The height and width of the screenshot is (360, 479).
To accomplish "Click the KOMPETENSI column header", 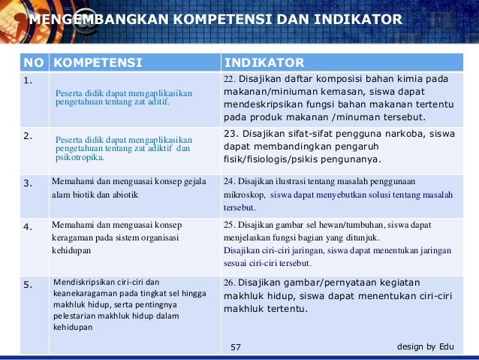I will click(x=98, y=62).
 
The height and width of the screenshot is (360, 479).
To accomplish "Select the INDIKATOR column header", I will click(x=264, y=62).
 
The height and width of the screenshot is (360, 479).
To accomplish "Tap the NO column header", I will click(x=34, y=62).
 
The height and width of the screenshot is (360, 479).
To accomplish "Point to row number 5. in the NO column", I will click(x=28, y=283).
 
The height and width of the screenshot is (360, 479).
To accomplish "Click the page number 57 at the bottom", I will click(x=236, y=347).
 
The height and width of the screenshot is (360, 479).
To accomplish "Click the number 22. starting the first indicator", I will click(x=230, y=79).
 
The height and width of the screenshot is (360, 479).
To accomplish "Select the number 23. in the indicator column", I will click(x=231, y=133).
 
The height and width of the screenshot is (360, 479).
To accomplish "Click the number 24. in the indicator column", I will click(x=230, y=180).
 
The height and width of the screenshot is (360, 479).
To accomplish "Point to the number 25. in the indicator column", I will click(x=230, y=224).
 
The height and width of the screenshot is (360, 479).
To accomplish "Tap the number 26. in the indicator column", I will click(x=230, y=283).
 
